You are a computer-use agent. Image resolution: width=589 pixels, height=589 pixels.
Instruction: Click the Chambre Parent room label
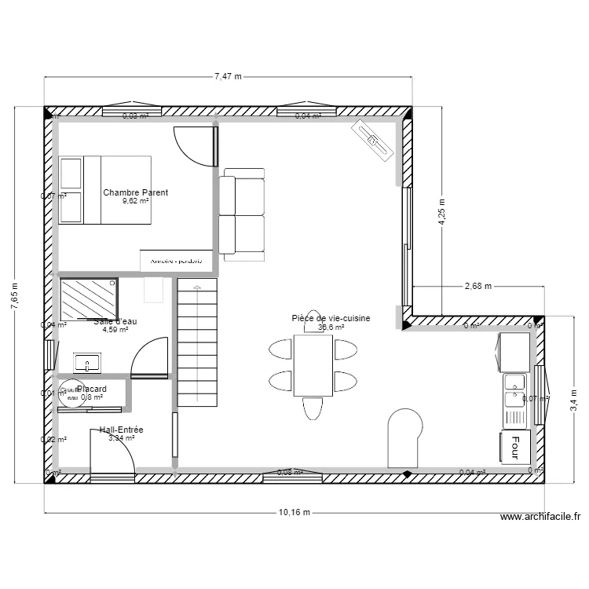click(x=135, y=192)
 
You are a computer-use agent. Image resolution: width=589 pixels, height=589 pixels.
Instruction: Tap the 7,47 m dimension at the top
click(x=228, y=76)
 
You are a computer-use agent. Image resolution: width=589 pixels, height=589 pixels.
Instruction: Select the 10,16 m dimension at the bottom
click(x=294, y=513)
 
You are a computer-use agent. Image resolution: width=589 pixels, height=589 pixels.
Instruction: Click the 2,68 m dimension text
click(x=477, y=286)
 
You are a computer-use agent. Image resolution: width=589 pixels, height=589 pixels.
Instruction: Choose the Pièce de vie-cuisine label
click(x=330, y=318)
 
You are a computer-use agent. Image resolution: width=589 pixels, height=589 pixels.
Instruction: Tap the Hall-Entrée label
click(x=121, y=430)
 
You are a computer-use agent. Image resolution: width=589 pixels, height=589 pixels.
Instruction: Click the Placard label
click(x=92, y=389)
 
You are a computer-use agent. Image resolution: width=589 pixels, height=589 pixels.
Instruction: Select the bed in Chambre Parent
click(x=104, y=189)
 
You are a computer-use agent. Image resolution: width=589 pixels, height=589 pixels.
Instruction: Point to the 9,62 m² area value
click(x=135, y=201)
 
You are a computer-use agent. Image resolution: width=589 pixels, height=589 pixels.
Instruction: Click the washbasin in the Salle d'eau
click(x=86, y=363)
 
